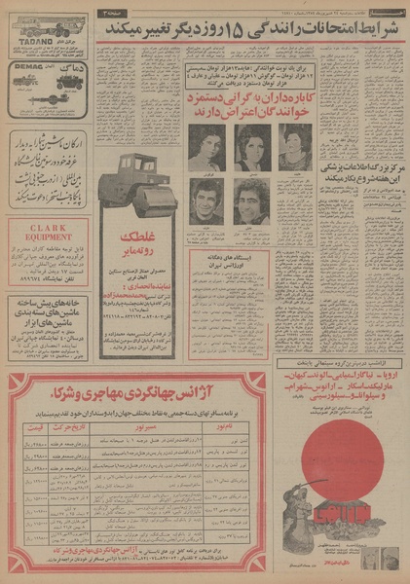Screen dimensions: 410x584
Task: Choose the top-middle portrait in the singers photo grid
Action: (x=251, y=146)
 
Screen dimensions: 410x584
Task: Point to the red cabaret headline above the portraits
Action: (x=251, y=100)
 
